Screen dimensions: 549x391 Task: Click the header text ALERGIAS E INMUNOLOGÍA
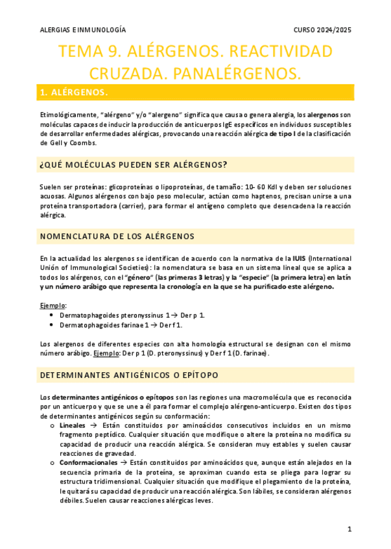click(x=83, y=30)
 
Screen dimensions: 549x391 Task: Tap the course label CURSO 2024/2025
click(x=322, y=30)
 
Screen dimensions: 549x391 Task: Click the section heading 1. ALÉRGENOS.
click(x=73, y=93)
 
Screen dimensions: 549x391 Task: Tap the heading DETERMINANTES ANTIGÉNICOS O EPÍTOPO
click(x=129, y=375)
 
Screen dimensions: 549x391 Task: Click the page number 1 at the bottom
click(x=350, y=529)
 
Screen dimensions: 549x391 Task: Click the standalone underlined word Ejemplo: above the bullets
click(x=53, y=304)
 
